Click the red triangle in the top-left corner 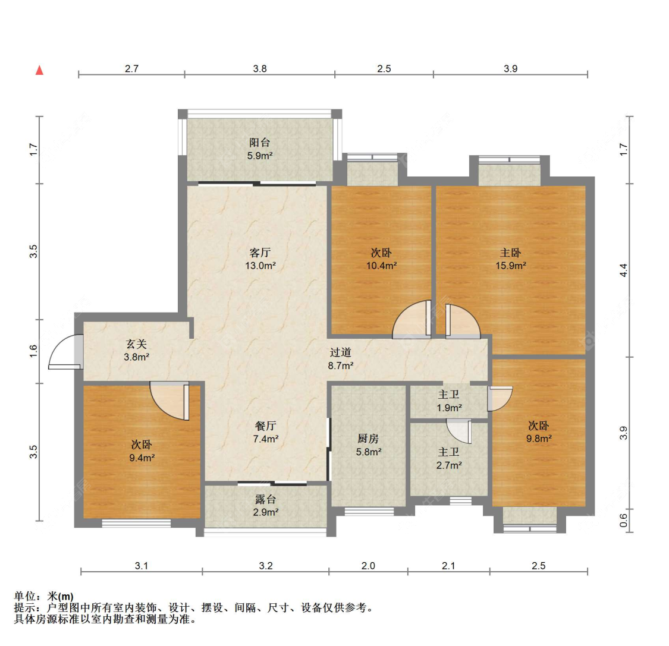tap(40, 70)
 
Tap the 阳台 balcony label tap(259, 143)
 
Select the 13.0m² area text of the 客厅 tap(260, 266)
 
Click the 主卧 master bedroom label tap(510, 253)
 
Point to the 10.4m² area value tap(381, 266)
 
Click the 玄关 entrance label tap(136, 344)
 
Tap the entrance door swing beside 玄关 tap(64, 353)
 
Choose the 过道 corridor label tap(341, 352)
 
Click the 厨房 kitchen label tap(368, 439)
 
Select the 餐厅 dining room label tap(266, 426)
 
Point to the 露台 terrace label tap(266, 499)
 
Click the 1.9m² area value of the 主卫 tap(449, 408)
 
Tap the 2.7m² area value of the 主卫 tap(449, 465)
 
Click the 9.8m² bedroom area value tap(538, 439)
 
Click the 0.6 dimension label tap(623, 520)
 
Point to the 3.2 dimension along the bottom tap(265, 566)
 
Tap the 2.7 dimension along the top tap(131, 68)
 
